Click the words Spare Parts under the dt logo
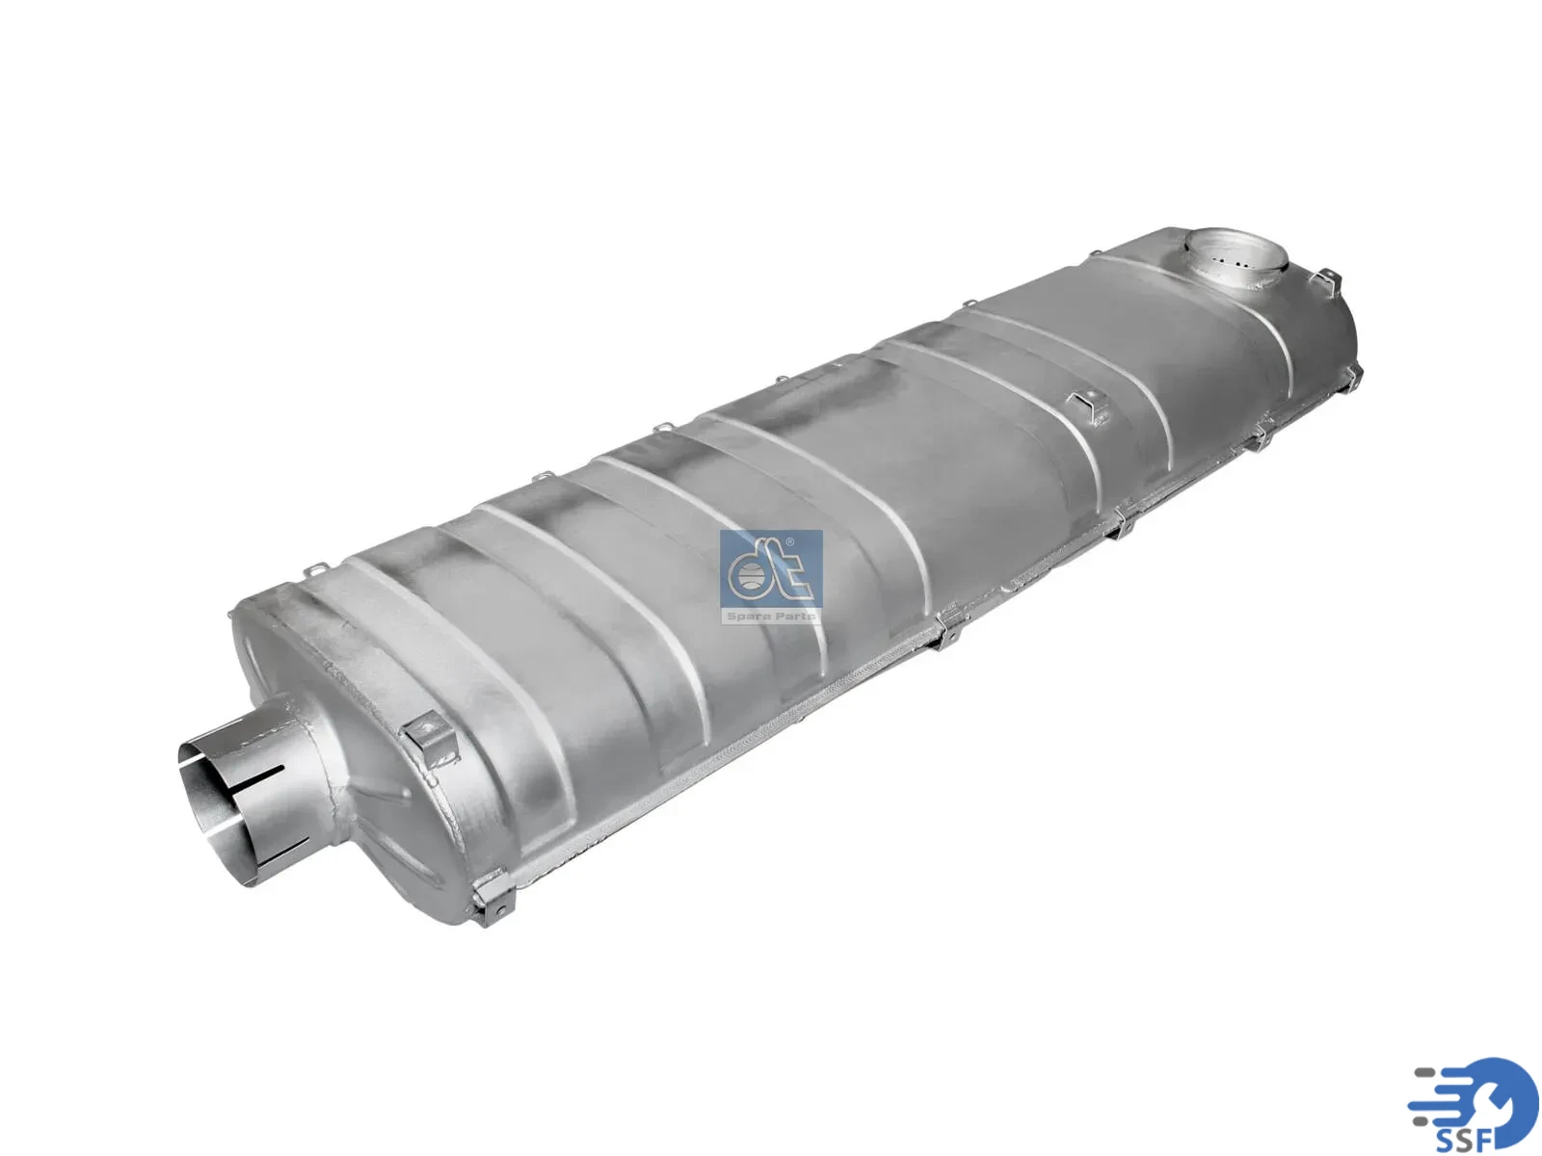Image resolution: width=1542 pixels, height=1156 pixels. tap(771, 617)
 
